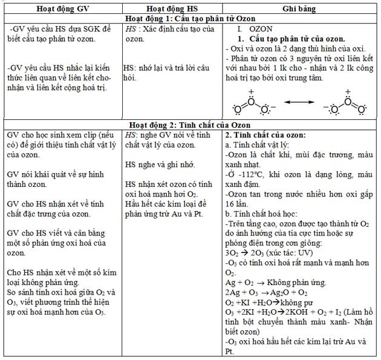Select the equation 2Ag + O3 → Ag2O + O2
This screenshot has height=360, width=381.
(269, 293)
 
